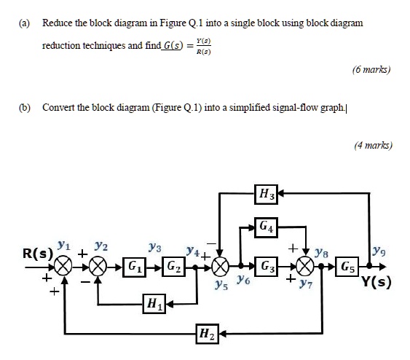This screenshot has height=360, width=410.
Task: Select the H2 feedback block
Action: (206, 335)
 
